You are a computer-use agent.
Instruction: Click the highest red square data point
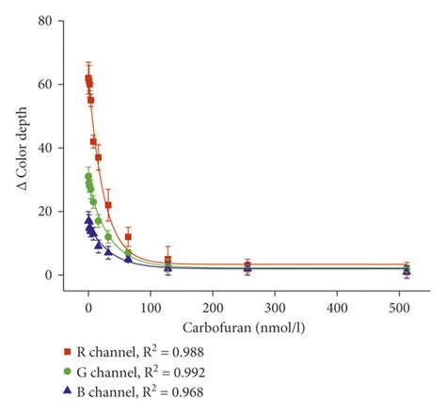88,78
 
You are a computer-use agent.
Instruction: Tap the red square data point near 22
108,205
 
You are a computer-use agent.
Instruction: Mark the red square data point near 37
98,157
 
